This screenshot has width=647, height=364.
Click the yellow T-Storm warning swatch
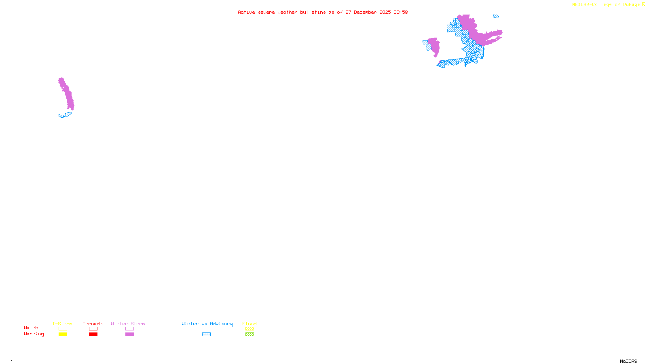coord(63,334)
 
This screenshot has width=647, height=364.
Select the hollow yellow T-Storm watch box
coord(63,329)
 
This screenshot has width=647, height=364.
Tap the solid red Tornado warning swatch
coord(93,334)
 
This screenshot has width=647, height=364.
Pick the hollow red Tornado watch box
coord(93,329)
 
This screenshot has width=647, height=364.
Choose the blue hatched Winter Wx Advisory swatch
coord(206,334)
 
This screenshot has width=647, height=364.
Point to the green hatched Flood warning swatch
coord(249,334)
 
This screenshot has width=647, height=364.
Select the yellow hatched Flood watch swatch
coord(249,329)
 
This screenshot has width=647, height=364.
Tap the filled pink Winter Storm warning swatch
coord(129,334)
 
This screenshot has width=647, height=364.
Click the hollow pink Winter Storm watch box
coord(129,329)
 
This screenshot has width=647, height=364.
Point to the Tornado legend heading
coord(93,324)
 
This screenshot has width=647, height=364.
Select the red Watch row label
coord(31,328)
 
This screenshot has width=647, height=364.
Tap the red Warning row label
coord(34,334)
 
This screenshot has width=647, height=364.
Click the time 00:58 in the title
coord(401,12)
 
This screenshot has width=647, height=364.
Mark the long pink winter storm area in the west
coord(67,94)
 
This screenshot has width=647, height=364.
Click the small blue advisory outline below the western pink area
coord(65,115)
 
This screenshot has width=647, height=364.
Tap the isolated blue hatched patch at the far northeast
coord(496,16)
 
